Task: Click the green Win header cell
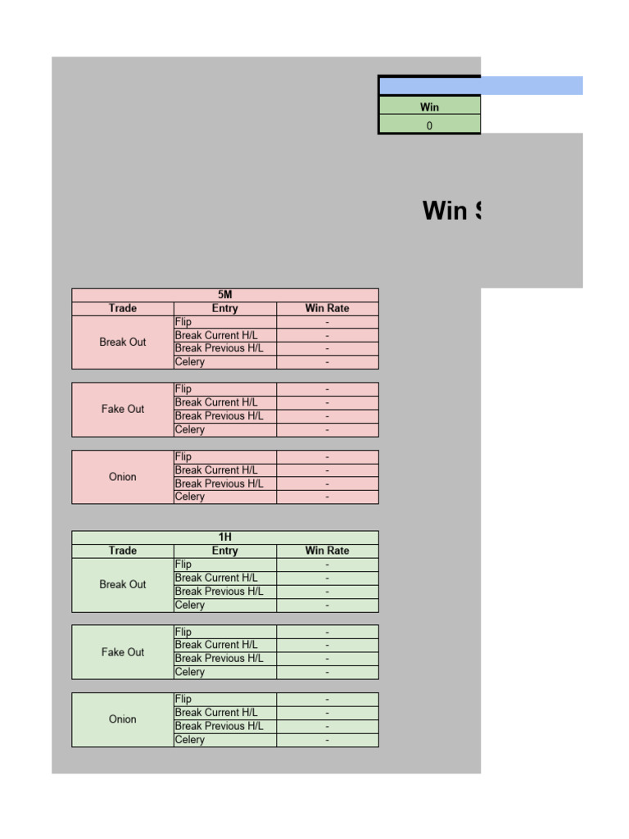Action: pos(429,107)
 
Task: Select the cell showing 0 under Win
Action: pos(429,125)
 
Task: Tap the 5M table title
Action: pos(225,295)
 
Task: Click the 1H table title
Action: pos(225,537)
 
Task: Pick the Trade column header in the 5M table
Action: pos(123,309)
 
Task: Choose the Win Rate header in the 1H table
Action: pos(327,551)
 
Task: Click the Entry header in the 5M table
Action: pos(224,309)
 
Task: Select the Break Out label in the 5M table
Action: pos(123,342)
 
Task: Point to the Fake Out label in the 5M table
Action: pos(123,409)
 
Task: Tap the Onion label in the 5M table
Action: pos(123,477)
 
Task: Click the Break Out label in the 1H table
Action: pos(123,585)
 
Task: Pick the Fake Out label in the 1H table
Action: pos(123,652)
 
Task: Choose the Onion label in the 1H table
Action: pos(123,719)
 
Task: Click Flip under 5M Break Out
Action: pos(183,322)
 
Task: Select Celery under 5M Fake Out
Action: pos(190,429)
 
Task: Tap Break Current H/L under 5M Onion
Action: pos(216,470)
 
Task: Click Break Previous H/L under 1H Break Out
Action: pos(219,592)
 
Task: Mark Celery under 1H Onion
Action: pos(190,740)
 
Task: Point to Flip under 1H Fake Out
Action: pos(183,632)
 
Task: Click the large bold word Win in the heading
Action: pos(445,211)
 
